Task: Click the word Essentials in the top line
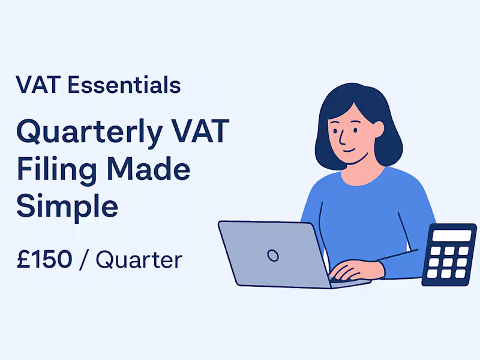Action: tap(124, 85)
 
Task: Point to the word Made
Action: tap(148, 170)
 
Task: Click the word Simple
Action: tap(67, 206)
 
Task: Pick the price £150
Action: tap(44, 260)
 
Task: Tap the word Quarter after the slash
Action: tap(139, 260)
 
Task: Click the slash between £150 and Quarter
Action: tap(84, 260)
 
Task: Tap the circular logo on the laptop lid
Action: tap(273, 256)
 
